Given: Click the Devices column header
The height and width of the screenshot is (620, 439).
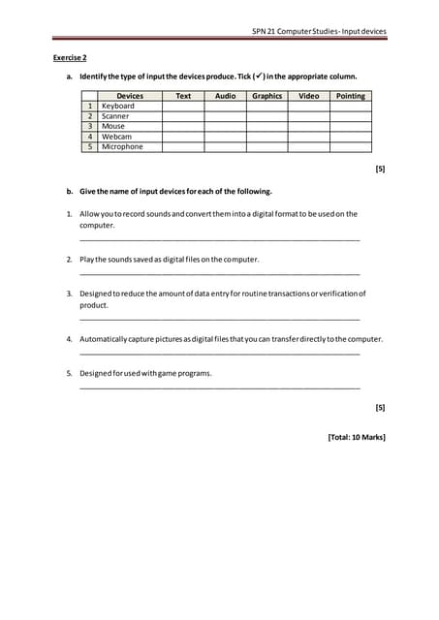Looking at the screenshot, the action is [129, 96].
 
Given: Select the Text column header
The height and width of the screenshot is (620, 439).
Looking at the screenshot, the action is [182, 96].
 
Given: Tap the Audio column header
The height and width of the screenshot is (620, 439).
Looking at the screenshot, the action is [225, 96].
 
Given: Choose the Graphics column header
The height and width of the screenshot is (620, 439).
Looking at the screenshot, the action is [267, 96].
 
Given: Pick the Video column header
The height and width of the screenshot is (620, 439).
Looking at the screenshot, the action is [308, 96].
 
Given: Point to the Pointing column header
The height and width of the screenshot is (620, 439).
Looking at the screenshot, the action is [350, 96].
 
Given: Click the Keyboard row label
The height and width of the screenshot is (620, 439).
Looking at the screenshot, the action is [118, 106].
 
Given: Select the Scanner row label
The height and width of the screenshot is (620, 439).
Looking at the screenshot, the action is [115, 116].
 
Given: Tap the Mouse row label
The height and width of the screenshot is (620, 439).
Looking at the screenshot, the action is [113, 126].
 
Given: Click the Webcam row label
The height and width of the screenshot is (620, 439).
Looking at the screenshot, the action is [116, 137].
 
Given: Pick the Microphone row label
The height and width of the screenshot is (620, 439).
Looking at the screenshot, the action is [122, 146].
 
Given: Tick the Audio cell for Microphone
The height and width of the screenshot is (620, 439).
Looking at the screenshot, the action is [225, 146].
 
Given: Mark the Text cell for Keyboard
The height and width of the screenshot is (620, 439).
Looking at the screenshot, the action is [182, 106].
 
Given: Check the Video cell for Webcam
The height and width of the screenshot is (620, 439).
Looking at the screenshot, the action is [308, 137].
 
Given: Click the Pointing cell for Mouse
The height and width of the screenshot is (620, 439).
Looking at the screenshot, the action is [350, 126].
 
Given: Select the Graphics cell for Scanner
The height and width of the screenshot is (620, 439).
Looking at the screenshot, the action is [267, 116].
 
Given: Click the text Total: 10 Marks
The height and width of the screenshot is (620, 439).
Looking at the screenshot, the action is [357, 438].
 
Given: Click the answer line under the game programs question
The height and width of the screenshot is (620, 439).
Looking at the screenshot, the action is [219, 387].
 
